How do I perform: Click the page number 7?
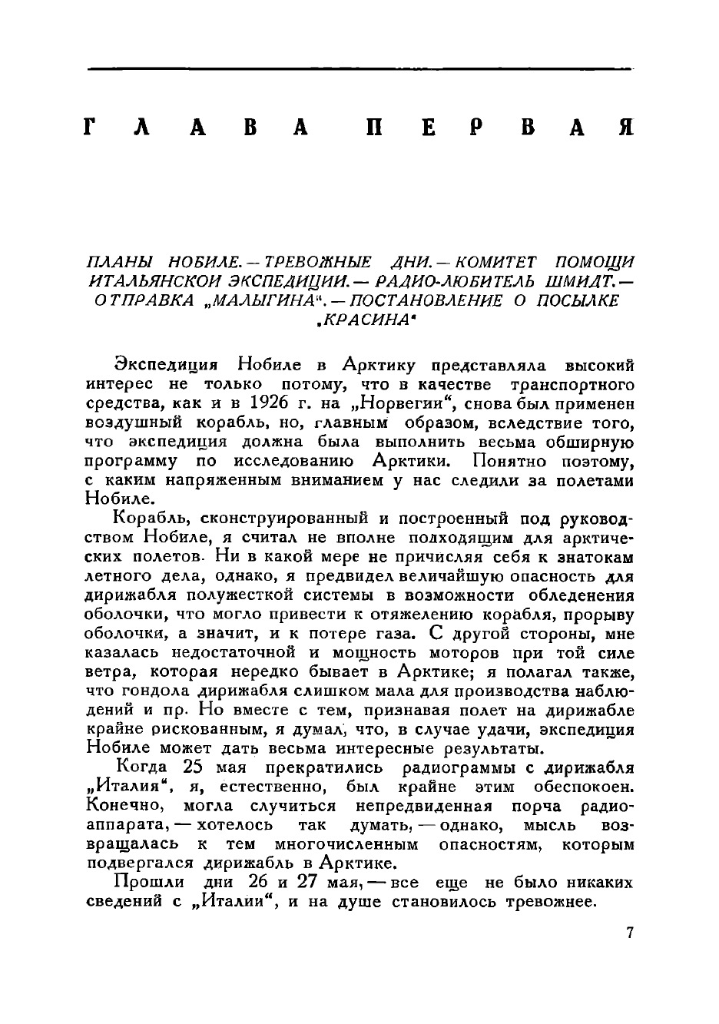pyautogui.click(x=630, y=933)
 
